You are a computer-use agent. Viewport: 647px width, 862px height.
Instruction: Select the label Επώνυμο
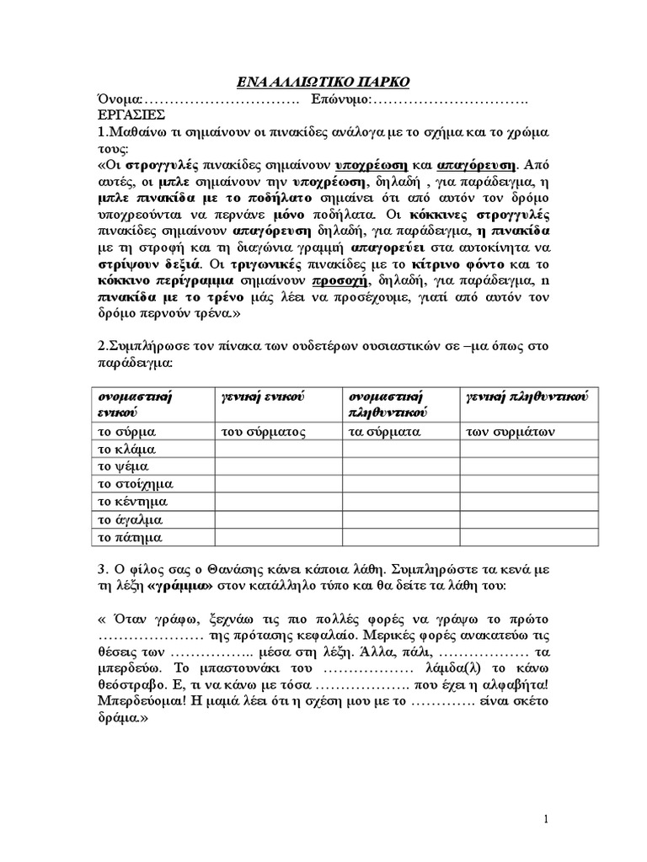click(340, 99)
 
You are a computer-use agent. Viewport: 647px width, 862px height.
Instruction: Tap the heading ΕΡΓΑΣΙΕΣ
click(131, 115)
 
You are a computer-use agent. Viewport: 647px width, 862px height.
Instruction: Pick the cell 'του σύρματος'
click(263, 431)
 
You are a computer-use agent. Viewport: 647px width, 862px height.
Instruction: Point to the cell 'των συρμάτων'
click(511, 431)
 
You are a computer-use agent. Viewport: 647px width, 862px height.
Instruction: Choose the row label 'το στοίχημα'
click(135, 484)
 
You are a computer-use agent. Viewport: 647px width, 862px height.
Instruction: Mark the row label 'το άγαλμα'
click(130, 519)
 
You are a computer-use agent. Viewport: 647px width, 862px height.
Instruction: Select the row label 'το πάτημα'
click(130, 537)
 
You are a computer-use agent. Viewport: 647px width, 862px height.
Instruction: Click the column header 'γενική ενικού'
click(262, 396)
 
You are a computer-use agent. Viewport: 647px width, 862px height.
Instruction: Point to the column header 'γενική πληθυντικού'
click(527, 396)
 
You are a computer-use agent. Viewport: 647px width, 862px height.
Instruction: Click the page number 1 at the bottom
click(546, 819)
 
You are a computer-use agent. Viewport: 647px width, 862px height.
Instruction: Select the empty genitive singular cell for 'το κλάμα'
click(278, 449)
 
